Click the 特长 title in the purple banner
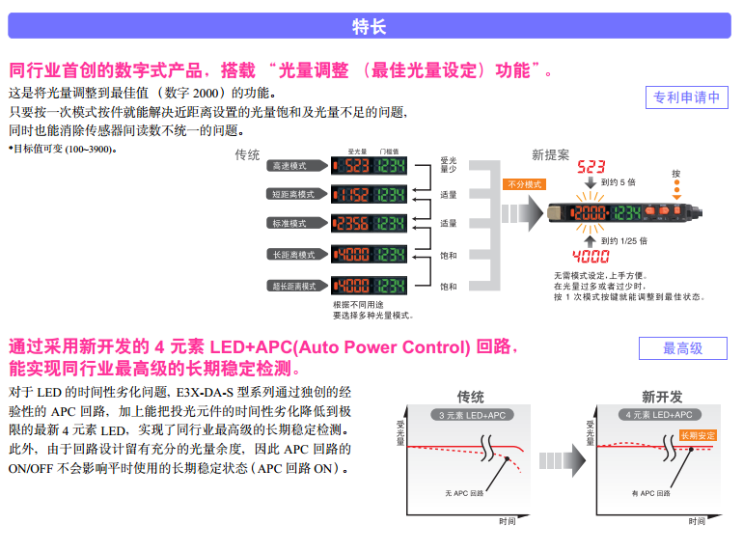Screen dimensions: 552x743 371,26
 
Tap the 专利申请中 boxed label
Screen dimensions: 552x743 686,97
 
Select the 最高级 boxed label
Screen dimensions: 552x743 682,348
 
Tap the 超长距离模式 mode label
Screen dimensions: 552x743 296,286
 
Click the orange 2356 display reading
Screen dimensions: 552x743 353,224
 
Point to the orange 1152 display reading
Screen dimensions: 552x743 353,195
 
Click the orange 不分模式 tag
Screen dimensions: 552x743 524,184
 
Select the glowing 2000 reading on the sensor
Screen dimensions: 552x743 591,211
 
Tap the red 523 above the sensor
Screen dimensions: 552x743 591,166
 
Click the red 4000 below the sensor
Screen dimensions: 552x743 591,257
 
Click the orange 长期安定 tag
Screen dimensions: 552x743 698,435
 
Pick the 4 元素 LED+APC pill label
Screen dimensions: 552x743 659,415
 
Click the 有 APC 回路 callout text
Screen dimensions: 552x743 649,493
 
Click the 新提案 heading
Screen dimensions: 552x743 550,154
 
